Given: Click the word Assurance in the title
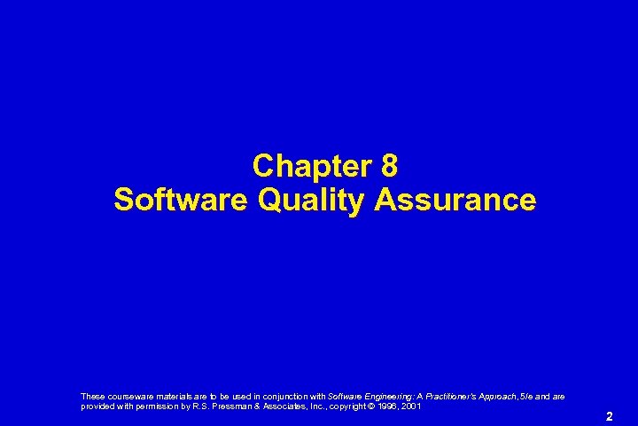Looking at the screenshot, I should (x=455, y=200).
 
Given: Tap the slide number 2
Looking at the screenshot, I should (x=608, y=415).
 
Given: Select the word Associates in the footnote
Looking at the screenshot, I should (x=278, y=406).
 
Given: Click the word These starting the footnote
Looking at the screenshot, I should (x=91, y=396).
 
